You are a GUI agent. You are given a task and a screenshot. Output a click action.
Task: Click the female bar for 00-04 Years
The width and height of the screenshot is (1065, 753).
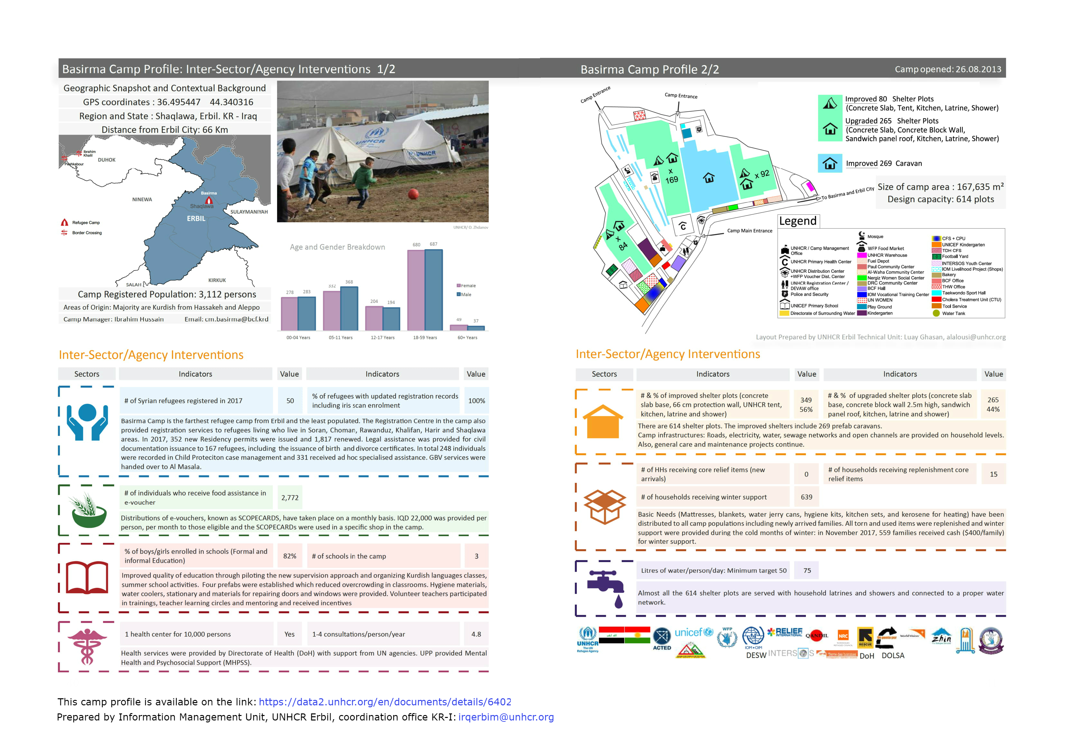click(x=289, y=314)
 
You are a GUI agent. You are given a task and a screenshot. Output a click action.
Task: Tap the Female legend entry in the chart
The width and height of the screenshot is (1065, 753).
click(x=466, y=286)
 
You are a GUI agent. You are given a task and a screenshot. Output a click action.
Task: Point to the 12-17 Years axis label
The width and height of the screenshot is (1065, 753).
click(x=383, y=338)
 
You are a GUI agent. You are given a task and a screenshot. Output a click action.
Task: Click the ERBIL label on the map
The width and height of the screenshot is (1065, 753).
click(x=196, y=219)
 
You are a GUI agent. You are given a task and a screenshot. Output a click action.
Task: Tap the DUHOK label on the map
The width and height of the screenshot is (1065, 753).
click(x=107, y=160)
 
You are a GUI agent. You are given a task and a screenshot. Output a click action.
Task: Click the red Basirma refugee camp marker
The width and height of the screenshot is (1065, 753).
click(x=209, y=201)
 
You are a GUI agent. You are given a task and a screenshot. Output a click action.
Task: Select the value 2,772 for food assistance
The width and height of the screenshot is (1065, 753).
click(x=290, y=498)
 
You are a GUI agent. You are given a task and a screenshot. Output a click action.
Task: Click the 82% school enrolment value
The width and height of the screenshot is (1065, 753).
click(x=290, y=556)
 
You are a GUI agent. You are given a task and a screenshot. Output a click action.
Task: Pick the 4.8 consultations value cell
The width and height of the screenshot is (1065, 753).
click(x=476, y=634)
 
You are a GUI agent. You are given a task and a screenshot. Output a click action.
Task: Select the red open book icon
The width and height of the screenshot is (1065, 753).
click(x=87, y=578)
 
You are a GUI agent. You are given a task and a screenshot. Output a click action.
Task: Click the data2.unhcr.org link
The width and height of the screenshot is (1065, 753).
click(x=385, y=702)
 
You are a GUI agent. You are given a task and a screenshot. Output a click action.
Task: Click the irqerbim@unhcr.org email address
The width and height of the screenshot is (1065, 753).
click(x=506, y=717)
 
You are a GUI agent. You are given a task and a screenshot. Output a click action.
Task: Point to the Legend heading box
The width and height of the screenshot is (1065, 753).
click(x=798, y=221)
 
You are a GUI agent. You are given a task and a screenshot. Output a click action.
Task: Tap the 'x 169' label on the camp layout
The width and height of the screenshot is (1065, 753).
click(x=671, y=176)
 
